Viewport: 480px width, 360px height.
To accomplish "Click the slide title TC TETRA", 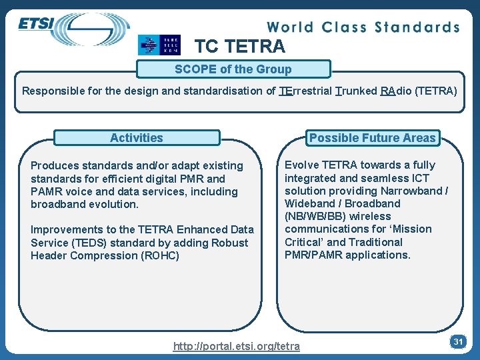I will click(239, 46).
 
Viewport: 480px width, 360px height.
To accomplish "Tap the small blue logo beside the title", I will click(159, 45).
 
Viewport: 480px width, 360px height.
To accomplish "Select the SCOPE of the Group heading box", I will click(233, 69).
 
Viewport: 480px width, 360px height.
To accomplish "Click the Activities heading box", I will click(136, 138).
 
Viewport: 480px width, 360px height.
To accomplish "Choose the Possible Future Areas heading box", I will click(372, 138).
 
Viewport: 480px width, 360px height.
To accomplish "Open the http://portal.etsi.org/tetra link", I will click(236, 346).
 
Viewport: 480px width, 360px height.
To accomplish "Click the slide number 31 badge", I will click(458, 341).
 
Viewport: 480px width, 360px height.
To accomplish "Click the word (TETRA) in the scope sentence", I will click(436, 91).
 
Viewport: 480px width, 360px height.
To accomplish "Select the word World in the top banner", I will click(291, 27).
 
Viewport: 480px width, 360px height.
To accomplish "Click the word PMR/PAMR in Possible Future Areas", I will click(313, 255).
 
